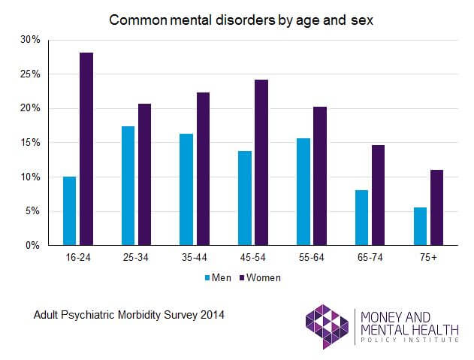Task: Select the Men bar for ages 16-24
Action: [69, 211]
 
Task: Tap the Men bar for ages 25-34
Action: [128, 186]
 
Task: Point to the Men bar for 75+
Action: [421, 226]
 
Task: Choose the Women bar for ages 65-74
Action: [378, 195]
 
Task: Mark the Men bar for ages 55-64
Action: [303, 192]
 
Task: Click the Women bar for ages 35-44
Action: [203, 169]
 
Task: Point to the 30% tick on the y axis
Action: [30, 40]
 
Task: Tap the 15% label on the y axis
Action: [30, 143]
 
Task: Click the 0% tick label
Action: [32, 246]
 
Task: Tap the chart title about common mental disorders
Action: [241, 20]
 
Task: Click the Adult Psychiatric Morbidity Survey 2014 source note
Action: [128, 314]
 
